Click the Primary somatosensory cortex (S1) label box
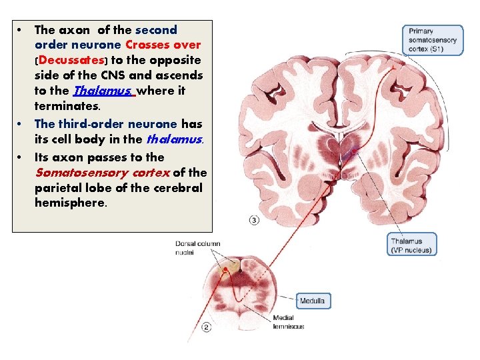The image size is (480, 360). [x=433, y=41]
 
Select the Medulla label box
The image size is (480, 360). [x=312, y=301]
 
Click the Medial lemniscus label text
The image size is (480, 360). [x=288, y=322]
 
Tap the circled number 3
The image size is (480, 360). [x=254, y=220]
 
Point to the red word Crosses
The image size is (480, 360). [x=148, y=45]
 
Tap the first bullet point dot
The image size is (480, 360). [x=21, y=31]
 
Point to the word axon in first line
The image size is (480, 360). [x=75, y=30]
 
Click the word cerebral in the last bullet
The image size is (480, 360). [x=176, y=188]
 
